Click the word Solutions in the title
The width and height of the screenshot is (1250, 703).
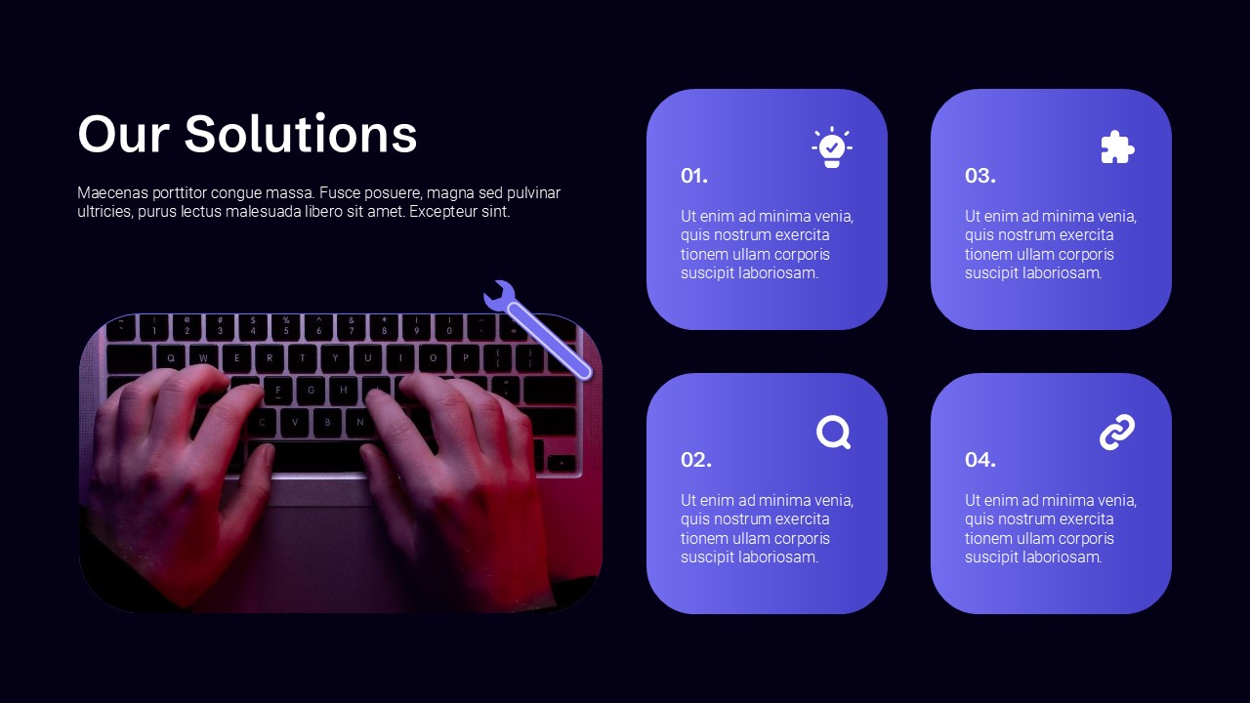coord(301,134)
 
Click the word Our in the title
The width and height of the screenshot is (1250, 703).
coord(123,135)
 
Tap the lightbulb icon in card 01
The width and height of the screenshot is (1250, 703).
coord(832,147)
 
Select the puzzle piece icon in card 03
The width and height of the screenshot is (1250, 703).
coord(1117,147)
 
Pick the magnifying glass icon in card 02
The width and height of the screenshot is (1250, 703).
coord(833,432)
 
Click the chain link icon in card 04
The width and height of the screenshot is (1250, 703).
coord(1117,432)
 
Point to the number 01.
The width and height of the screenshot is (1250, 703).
coord(694,176)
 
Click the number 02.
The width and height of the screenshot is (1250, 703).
coord(696,460)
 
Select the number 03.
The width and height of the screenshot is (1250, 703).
coord(979,176)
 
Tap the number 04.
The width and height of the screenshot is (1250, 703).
coord(979,460)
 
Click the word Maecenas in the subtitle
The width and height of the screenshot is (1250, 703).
coord(112,193)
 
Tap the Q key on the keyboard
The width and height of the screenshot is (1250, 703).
coord(170,358)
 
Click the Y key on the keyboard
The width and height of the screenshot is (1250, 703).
coord(335,358)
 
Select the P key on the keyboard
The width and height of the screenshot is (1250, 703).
coord(466,358)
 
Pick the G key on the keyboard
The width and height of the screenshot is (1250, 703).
coord(311,391)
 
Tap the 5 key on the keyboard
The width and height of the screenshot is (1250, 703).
coord(286,326)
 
